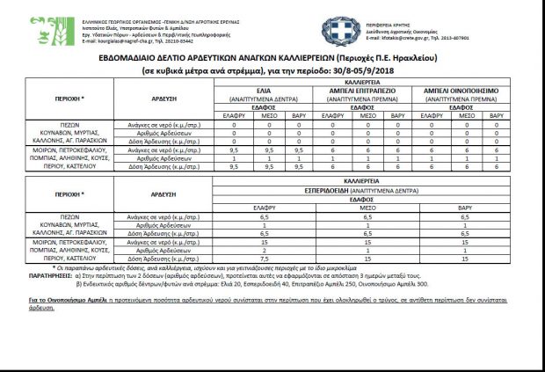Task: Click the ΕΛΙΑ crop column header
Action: tap(263, 91)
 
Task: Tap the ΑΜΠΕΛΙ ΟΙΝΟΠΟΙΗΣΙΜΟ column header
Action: tap(461, 91)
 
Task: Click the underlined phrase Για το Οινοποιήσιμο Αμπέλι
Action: tap(67, 299)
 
